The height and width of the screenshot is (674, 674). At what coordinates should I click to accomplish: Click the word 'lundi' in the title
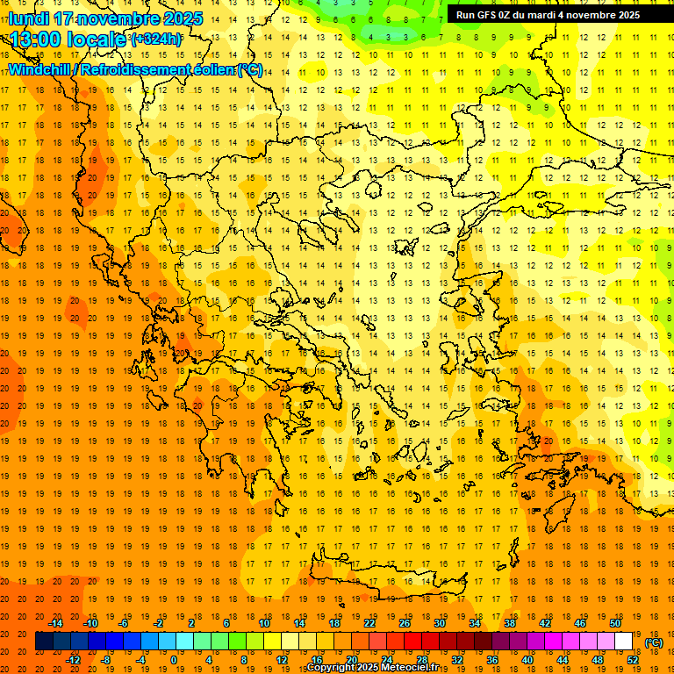pyautogui.click(x=28, y=18)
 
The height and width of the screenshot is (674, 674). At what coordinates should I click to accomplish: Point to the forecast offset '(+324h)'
pyautogui.click(x=156, y=39)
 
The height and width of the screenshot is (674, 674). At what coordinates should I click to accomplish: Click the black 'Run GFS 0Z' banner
pyautogui.click(x=548, y=14)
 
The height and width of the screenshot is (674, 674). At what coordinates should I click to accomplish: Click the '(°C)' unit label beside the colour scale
pyautogui.click(x=653, y=642)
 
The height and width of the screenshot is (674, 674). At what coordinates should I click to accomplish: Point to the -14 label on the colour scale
pyautogui.click(x=54, y=623)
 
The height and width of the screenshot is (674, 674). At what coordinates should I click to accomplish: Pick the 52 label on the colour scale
pyautogui.click(x=634, y=660)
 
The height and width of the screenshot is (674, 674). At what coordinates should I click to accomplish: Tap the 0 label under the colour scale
pyautogui.click(x=173, y=660)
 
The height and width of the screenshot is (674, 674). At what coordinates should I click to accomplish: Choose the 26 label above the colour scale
pyautogui.click(x=405, y=623)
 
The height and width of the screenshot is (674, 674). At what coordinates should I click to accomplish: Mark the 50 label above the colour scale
pyautogui.click(x=615, y=623)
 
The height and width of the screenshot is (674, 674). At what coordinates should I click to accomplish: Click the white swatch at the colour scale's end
pyautogui.click(x=624, y=642)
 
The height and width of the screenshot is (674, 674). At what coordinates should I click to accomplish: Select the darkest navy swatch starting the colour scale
pyautogui.click(x=44, y=642)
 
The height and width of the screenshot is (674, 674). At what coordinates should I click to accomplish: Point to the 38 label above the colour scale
pyautogui.click(x=510, y=623)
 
